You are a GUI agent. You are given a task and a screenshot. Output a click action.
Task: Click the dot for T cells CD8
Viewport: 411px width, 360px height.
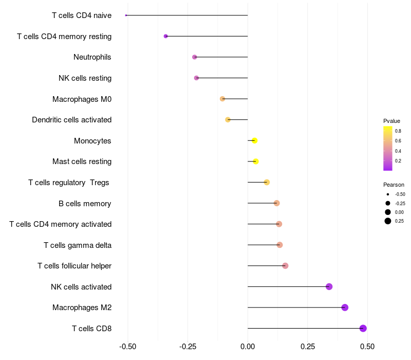pyautogui.click(x=363, y=328)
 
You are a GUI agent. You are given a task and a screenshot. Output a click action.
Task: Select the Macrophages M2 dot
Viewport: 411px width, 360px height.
pyautogui.click(x=345, y=308)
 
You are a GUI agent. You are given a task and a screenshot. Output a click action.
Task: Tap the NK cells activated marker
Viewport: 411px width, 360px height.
pyautogui.click(x=329, y=286)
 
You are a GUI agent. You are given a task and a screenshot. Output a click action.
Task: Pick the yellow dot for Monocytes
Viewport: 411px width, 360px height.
pyautogui.click(x=254, y=140)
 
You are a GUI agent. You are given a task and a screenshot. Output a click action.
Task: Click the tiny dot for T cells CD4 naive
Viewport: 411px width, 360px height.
pyautogui.click(x=126, y=15)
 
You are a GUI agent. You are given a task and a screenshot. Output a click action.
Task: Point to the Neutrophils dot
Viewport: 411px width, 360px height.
pyautogui.click(x=194, y=57)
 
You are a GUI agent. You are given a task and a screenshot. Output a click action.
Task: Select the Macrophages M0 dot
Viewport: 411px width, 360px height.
pyautogui.click(x=222, y=99)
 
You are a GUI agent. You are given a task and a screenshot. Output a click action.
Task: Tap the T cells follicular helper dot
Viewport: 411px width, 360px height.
pyautogui.click(x=285, y=266)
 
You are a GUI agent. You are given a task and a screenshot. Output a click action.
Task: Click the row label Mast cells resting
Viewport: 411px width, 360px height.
pyautogui.click(x=82, y=161)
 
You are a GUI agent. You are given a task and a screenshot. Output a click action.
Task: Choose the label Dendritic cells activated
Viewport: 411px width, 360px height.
pyautogui.click(x=71, y=120)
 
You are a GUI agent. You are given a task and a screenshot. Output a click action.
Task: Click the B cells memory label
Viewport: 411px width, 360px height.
pyautogui.click(x=85, y=203)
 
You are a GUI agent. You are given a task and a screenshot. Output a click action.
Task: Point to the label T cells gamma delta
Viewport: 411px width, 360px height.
pyautogui.click(x=78, y=245)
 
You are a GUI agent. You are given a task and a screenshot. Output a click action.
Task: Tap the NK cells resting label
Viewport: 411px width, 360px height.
pyautogui.click(x=85, y=78)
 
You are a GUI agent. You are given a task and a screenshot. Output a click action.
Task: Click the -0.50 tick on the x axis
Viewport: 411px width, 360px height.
pyautogui.click(x=127, y=346)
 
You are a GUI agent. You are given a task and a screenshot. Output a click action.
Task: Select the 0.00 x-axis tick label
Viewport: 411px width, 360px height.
pyautogui.click(x=248, y=346)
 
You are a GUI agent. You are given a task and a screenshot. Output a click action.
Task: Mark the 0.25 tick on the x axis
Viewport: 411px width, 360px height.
pyautogui.click(x=308, y=346)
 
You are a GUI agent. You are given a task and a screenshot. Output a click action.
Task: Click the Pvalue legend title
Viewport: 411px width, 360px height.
pyautogui.click(x=391, y=121)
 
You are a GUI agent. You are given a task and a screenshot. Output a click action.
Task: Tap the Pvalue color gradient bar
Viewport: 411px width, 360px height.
pyautogui.click(x=388, y=148)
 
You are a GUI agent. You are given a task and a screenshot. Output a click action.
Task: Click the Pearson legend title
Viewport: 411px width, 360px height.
pyautogui.click(x=394, y=185)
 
